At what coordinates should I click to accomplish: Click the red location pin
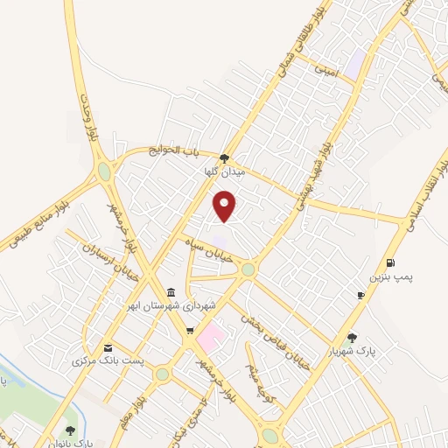tap(226, 206)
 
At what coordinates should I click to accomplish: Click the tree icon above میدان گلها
tap(225, 158)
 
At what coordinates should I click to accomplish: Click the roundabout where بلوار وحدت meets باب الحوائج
tap(105, 171)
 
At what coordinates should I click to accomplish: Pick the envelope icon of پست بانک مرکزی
tap(108, 346)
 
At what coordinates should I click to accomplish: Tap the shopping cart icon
tap(189, 332)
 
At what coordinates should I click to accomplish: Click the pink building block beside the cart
tap(211, 334)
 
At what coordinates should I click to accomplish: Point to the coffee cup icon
tap(360, 297)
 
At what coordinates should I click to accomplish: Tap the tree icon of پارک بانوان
tap(70, 430)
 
